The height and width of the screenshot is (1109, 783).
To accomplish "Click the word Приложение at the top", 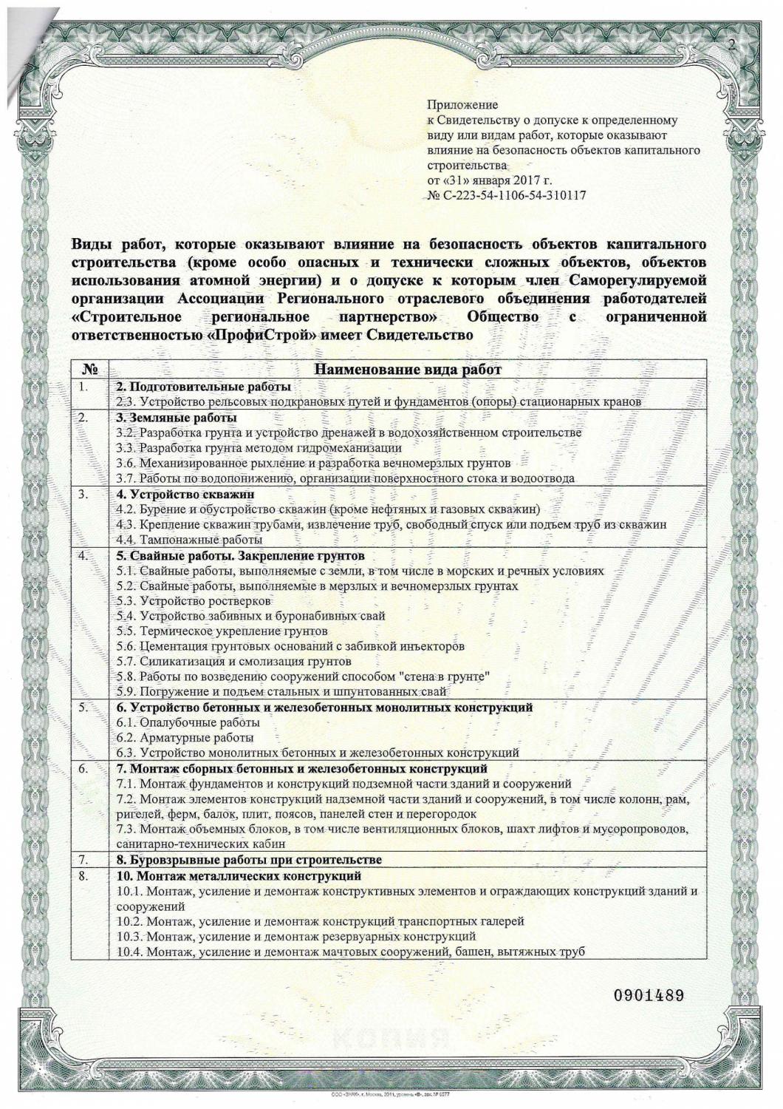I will point(462,105).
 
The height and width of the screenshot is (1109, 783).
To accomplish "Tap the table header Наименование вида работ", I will point(408,370).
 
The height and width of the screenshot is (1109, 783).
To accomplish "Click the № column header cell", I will point(90,370).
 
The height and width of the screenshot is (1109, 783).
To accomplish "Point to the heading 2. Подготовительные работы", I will point(203,387).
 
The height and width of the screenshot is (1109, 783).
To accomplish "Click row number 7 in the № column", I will point(83,860).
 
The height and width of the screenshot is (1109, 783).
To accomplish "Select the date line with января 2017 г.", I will point(490,180).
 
